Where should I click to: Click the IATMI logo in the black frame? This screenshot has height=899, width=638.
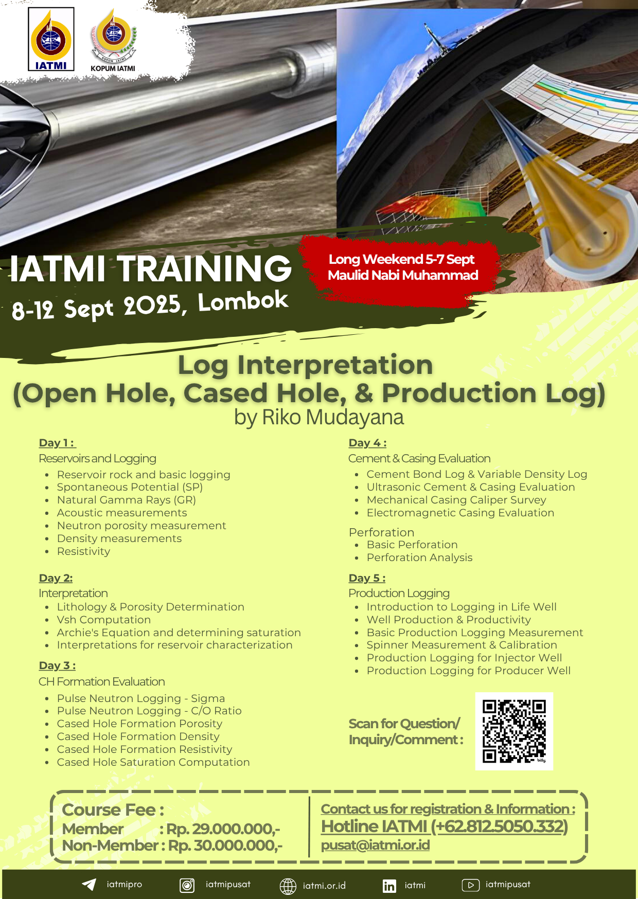[51, 39]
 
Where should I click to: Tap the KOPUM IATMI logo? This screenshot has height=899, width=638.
[113, 40]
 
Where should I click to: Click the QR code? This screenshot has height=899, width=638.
[514, 731]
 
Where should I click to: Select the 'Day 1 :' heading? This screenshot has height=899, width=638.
[57, 443]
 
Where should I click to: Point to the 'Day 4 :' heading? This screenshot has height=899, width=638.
[367, 443]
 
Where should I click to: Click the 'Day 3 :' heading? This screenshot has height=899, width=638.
[57, 666]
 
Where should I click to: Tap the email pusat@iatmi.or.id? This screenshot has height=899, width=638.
[376, 845]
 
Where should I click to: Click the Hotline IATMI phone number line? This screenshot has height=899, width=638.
[445, 826]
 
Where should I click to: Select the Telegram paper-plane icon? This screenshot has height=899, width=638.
[89, 884]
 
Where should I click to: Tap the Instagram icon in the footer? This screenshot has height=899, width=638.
[187, 885]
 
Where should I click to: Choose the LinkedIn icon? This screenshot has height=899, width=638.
[389, 886]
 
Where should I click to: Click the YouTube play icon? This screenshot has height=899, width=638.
[471, 885]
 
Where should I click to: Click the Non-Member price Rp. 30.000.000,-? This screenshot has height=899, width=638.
[225, 846]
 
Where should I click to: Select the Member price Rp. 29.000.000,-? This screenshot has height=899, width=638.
[223, 829]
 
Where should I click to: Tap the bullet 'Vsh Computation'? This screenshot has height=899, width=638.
[104, 620]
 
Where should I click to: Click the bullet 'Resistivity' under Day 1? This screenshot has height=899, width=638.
[84, 551]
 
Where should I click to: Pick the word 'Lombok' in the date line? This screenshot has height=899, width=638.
[243, 301]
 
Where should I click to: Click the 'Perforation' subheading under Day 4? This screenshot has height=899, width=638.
[381, 532]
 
